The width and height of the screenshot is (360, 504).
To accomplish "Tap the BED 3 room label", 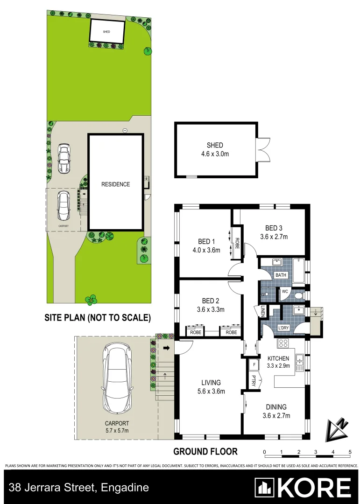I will [x=274, y=228].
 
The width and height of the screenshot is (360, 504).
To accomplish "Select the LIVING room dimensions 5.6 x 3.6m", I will [x=211, y=391].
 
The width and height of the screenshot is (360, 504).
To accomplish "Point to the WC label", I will [x=284, y=292].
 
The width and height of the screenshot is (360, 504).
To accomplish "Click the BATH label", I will [x=281, y=275].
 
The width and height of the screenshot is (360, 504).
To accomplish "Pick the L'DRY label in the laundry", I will [x=284, y=328].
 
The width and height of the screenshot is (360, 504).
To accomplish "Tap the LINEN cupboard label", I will [x=262, y=311].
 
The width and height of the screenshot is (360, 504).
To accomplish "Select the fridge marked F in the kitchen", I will [x=254, y=364].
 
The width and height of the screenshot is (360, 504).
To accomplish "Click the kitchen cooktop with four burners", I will [x=283, y=344].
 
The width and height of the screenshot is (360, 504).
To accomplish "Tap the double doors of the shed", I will [x=263, y=149].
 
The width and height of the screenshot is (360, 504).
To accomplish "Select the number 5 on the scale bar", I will [x=350, y=452].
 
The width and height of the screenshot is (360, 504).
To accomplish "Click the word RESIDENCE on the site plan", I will [x=116, y=184].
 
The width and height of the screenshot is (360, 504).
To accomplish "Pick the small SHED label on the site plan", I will [x=107, y=32].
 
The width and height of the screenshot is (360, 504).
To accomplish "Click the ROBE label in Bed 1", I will [x=237, y=241].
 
